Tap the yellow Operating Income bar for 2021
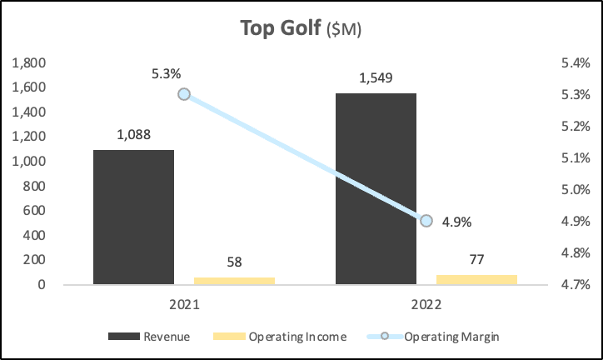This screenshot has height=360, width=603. [x=234, y=281]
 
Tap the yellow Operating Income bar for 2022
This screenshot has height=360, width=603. [x=476, y=279]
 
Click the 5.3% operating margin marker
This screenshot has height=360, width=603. [x=184, y=94]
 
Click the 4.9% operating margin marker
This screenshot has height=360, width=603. [x=426, y=221]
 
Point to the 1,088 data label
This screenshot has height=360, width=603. [x=133, y=133]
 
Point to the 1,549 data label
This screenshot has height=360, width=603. [x=376, y=77]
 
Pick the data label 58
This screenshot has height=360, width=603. [x=234, y=262]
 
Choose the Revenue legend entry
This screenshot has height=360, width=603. [x=150, y=337]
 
